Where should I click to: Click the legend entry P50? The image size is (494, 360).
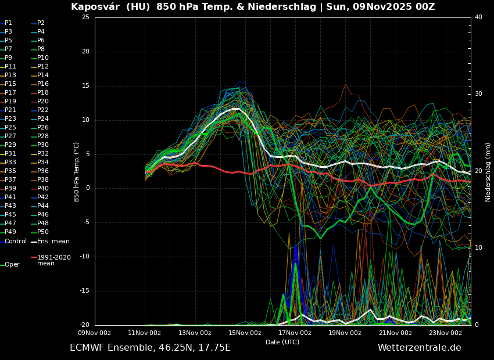pyautogui.click(x=43, y=232)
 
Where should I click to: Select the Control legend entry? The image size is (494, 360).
pyautogui.click(x=16, y=241)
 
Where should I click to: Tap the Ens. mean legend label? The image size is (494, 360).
pyautogui.click(x=53, y=241)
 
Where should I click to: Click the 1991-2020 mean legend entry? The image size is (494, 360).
pyautogui.click(x=53, y=260)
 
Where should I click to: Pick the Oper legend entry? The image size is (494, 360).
pyautogui.click(x=12, y=264)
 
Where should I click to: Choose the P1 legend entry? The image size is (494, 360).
pyautogui.click(x=8, y=23)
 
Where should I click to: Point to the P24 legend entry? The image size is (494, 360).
pyautogui.click(x=43, y=119)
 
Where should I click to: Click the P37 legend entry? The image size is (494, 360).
pyautogui.click(x=10, y=180)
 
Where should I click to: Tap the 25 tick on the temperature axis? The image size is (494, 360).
pyautogui.click(x=85, y=17)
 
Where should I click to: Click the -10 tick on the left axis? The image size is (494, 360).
pyautogui.click(x=84, y=257)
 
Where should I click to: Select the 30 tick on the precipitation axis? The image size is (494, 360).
pyautogui.click(x=478, y=94)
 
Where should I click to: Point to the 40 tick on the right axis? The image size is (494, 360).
pyautogui.click(x=478, y=17)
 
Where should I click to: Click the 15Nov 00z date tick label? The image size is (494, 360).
pyautogui.click(x=245, y=333)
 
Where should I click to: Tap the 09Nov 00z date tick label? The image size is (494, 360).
pyautogui.click(x=95, y=333)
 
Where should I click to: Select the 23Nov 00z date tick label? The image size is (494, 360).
pyautogui.click(x=445, y=333)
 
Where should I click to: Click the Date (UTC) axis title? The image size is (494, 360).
pyautogui.click(x=282, y=342)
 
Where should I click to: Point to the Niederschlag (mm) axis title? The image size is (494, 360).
pyautogui.click(x=488, y=172)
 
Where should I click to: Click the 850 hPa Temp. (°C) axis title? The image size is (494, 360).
pyautogui.click(x=77, y=172)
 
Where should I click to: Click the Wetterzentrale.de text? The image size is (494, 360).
pyautogui.click(x=419, y=348)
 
